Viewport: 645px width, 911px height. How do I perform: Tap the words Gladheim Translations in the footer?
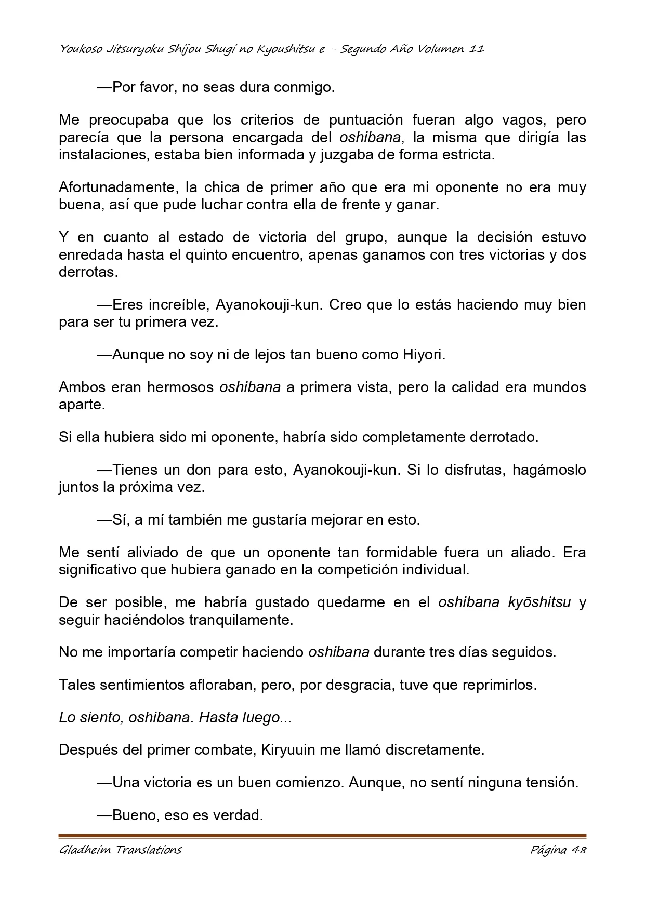tap(120, 850)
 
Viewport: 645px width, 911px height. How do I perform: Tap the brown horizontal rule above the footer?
tap(322, 836)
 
